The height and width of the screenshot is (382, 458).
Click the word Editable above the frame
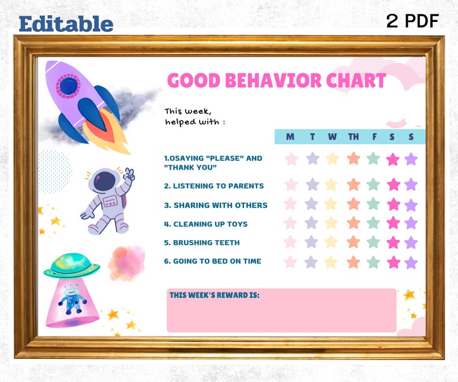pos(66,23)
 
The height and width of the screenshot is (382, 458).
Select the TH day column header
pos(353,137)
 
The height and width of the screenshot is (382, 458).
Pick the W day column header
pos(332,137)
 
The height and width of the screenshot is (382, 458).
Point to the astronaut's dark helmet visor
pos(104,182)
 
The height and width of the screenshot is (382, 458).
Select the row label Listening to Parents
pos(213,186)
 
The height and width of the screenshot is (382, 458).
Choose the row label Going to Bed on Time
pos(212,261)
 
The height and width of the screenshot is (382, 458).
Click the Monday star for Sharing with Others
pos(291,204)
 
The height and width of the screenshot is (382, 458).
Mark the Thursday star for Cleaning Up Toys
pos(354,223)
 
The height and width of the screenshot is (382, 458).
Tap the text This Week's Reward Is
pos(214,295)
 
